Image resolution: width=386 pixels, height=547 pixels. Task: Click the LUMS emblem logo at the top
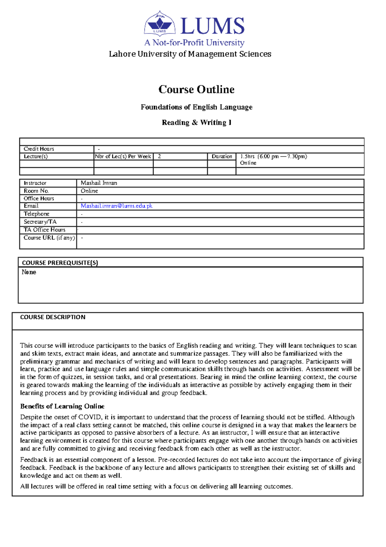160,23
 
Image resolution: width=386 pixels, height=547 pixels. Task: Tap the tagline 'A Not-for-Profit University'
194,43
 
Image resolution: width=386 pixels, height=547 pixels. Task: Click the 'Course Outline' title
196,89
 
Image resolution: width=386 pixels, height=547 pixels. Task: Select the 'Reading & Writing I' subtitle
197,122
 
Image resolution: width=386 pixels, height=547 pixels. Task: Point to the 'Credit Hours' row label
39,149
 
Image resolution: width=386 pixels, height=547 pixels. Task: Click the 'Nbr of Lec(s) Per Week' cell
123,157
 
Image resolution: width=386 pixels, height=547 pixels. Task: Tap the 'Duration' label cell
222,157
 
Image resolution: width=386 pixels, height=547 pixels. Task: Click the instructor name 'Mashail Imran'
99,183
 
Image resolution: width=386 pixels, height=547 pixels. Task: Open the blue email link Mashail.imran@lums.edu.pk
116,206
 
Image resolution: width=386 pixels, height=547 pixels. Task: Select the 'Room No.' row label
36,191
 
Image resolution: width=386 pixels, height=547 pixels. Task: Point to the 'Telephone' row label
36,214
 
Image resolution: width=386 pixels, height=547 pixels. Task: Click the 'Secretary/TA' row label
40,222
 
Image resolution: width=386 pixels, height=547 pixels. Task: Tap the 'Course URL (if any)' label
49,238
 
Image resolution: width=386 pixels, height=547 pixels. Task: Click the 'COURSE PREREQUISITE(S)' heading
60,263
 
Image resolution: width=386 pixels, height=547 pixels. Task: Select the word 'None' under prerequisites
29,272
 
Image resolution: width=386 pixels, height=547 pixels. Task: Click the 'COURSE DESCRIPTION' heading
53,317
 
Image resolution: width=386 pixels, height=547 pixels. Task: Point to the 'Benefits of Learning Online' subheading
62,406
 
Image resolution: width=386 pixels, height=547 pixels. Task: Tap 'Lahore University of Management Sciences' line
190,54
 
